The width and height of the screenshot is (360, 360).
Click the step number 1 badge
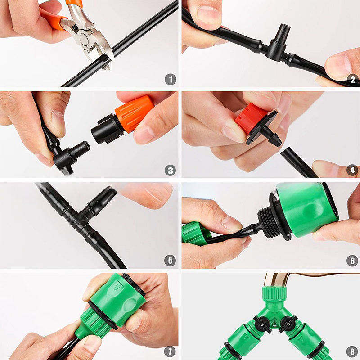pos(171,80)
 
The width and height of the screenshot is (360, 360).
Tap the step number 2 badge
pos(353,80)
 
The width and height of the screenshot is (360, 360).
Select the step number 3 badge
pos(171,171)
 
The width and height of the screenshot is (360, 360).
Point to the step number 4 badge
pos(352,170)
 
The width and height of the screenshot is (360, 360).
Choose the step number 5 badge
pos(170,261)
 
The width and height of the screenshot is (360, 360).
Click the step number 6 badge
pos(352,261)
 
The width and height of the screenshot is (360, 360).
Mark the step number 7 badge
pos(170,351)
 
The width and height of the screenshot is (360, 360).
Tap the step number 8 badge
pos(352,351)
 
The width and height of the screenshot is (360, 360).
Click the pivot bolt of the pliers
pos(84,40)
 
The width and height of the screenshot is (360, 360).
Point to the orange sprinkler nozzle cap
pos(134,113)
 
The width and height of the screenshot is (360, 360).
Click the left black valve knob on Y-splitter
pos(262,324)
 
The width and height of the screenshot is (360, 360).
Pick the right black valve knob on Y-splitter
pos(288,324)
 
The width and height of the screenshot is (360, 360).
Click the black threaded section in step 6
pos(269,222)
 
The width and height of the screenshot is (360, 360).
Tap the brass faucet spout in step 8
pos(276,280)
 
